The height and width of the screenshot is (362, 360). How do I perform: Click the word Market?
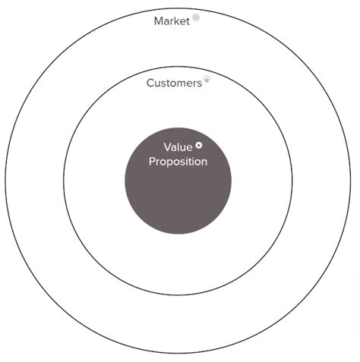[x=172, y=20]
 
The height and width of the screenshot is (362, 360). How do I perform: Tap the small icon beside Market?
[x=196, y=17]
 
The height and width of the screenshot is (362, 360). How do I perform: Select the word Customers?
[x=174, y=83]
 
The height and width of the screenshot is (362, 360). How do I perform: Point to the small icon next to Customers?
[x=207, y=79]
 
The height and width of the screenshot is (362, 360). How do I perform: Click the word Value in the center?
[x=177, y=147]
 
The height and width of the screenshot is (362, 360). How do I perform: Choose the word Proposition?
[x=178, y=162]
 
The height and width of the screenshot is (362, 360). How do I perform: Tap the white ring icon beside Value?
[x=198, y=145]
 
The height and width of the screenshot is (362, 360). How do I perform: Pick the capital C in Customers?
[x=150, y=83]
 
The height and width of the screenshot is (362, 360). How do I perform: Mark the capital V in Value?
[x=167, y=147]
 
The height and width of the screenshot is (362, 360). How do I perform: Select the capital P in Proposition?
[x=152, y=162]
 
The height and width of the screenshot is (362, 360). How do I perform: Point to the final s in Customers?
[x=200, y=83]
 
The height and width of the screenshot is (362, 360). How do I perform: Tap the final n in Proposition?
[x=204, y=162]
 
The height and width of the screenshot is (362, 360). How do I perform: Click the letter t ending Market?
[x=188, y=20]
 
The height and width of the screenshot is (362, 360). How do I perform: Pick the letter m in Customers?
[x=176, y=83]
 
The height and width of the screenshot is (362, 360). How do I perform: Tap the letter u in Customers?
[x=157, y=83]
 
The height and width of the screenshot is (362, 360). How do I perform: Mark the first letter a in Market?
[x=166, y=21]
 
